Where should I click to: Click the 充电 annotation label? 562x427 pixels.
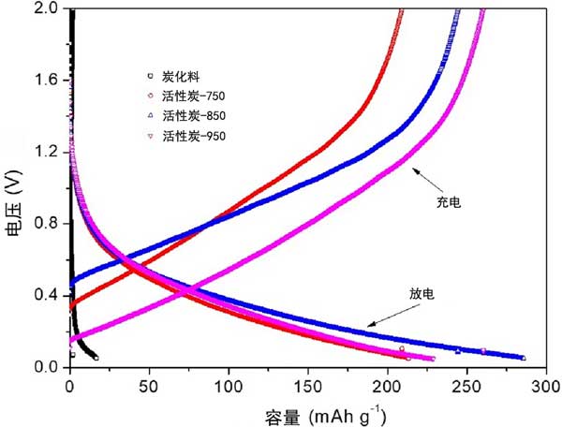click(x=450, y=201)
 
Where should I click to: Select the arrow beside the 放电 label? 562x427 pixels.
click(x=388, y=316)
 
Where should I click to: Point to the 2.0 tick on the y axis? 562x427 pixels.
click(x=49, y=8)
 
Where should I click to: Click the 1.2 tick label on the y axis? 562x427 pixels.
click(x=49, y=152)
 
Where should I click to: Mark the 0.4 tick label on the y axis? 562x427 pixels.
click(x=49, y=295)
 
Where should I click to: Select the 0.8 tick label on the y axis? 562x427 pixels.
click(x=49, y=224)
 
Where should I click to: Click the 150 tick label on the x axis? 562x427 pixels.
click(x=309, y=384)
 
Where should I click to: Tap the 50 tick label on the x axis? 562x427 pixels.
click(x=150, y=384)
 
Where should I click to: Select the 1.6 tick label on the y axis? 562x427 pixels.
click(x=49, y=81)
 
